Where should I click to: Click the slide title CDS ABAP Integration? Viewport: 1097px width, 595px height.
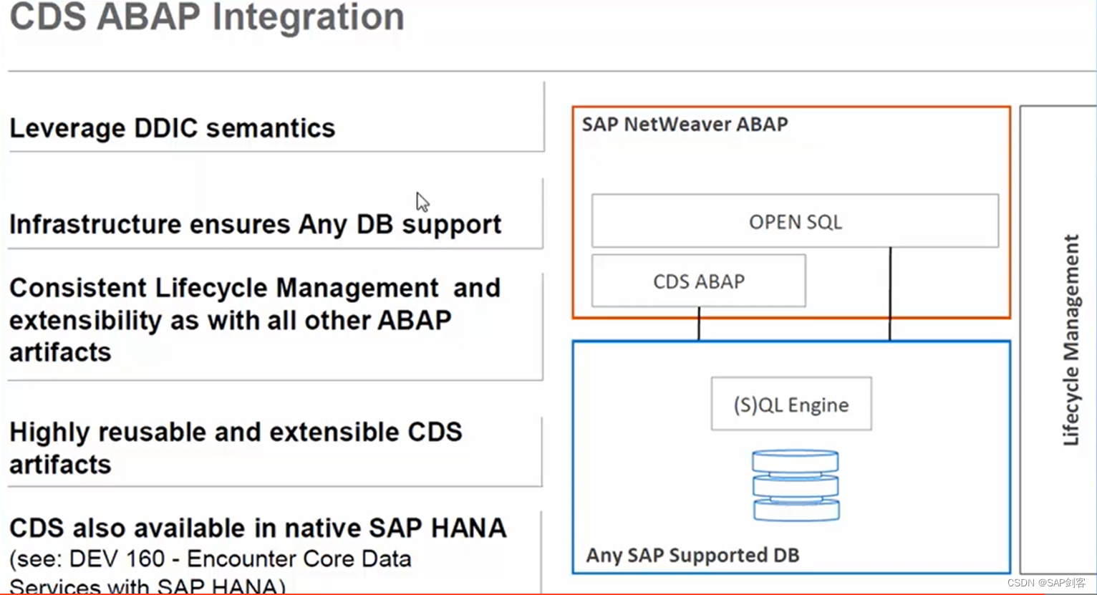(207, 17)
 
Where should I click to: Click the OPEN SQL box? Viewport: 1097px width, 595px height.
(795, 222)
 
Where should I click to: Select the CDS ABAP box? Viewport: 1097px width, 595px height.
(699, 281)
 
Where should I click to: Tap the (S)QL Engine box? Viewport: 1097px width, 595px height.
(791, 405)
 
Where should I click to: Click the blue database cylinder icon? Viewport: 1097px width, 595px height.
(796, 485)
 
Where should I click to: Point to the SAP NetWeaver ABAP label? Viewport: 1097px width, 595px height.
(685, 125)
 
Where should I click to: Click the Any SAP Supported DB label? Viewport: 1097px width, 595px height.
(692, 555)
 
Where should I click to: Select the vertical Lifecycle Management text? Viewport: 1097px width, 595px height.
(1071, 340)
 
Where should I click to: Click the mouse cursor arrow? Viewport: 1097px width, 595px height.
(422, 201)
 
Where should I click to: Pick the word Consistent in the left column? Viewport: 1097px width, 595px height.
(78, 288)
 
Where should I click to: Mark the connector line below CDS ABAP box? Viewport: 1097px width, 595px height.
(699, 324)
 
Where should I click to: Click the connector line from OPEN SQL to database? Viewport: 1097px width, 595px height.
(890, 294)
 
